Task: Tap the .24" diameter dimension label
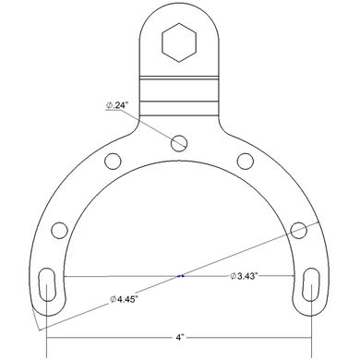tap(116, 105)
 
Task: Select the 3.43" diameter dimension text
tap(244, 276)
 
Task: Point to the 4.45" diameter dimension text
tap(123, 299)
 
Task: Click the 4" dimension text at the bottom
tap(179, 337)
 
